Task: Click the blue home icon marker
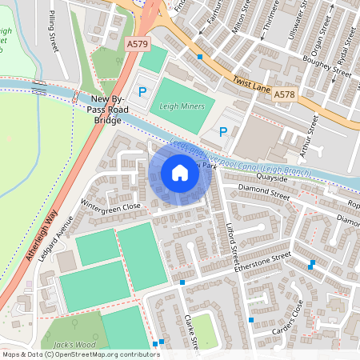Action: pyautogui.click(x=180, y=172)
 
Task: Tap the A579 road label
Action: pyautogui.click(x=138, y=45)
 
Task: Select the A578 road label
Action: pyautogui.click(x=284, y=94)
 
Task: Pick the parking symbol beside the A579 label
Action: pyautogui.click(x=142, y=93)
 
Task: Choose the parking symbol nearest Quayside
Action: pyautogui.click(x=223, y=131)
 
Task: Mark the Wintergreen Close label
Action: pyautogui.click(x=110, y=206)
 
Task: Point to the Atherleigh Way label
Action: pyautogui.click(x=31, y=257)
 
